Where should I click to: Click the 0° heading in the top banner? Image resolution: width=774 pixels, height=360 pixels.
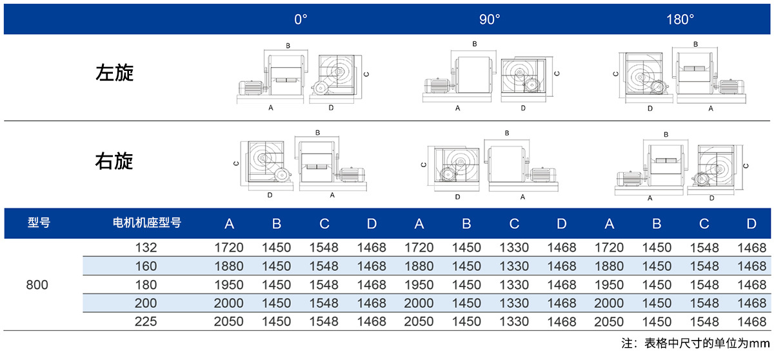pos(301,19)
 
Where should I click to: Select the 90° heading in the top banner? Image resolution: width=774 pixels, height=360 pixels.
pos(490,19)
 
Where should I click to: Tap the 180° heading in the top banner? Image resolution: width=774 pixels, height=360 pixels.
pos(680,19)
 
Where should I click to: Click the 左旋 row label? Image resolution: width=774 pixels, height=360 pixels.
pos(114,72)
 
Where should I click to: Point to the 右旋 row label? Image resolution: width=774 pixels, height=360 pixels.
pos(114,161)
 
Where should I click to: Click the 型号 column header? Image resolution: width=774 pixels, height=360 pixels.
pos(39,223)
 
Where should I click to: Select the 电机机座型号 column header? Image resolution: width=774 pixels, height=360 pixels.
pos(147,223)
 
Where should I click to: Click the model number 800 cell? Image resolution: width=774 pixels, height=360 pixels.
pos(37,285)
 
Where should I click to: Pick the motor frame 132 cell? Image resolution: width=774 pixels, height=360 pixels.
pos(146,247)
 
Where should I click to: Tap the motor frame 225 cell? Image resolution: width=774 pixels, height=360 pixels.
pos(146,321)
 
